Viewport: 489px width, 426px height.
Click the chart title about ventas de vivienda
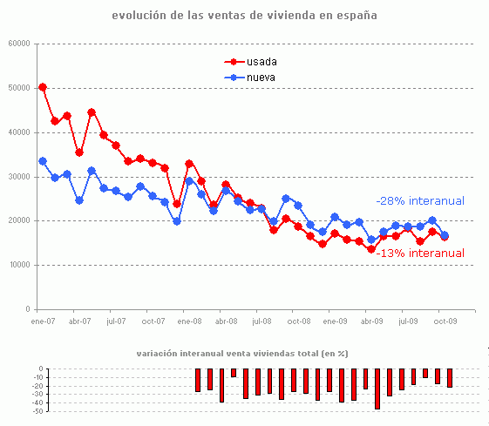click(x=245, y=16)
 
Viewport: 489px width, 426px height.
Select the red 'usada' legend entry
click(x=254, y=62)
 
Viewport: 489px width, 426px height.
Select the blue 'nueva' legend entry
click(x=254, y=78)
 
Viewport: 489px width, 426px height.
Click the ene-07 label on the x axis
click(x=43, y=321)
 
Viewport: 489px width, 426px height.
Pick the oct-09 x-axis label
click(x=445, y=321)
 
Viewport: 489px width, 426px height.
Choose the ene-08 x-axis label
click(x=189, y=321)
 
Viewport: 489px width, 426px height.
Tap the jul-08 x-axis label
click(x=262, y=321)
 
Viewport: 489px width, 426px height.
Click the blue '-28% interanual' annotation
click(x=420, y=201)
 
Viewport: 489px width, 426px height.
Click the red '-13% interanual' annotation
click(x=420, y=254)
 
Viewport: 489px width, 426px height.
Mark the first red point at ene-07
click(x=43, y=87)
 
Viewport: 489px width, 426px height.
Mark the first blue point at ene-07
click(x=43, y=161)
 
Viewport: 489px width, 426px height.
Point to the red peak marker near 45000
click(x=92, y=112)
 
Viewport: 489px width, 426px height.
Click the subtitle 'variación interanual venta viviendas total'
click(x=243, y=354)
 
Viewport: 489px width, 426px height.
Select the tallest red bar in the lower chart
click(x=377, y=389)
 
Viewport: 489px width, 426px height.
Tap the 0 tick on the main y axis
click(x=28, y=309)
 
